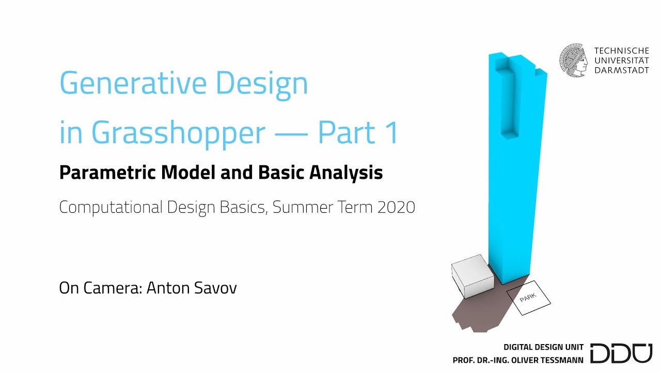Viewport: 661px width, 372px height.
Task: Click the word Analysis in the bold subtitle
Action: tap(346, 173)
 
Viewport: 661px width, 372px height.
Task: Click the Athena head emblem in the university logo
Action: tap(574, 60)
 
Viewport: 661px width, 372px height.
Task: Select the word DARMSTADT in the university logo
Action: tap(622, 70)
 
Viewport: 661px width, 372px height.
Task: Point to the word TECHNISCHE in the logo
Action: tap(622, 51)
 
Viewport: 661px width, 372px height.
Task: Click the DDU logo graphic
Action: tap(621, 352)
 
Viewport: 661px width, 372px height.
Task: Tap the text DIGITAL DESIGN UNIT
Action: tap(543, 347)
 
